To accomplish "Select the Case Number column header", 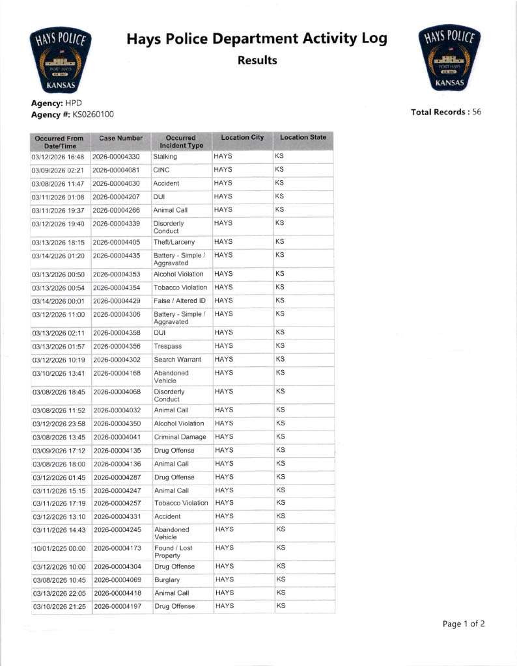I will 120,138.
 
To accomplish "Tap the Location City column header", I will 242,137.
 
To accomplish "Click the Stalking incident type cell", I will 164,157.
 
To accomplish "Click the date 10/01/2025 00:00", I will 59,548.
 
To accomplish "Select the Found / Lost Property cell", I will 173,552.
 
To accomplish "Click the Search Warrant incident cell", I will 177,360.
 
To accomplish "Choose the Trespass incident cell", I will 167,346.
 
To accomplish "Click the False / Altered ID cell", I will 180,300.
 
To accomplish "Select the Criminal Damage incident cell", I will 180,437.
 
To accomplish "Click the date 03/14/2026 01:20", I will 58,255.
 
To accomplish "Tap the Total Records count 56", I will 477,112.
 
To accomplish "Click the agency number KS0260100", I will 93,114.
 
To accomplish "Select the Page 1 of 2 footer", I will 464,624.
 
